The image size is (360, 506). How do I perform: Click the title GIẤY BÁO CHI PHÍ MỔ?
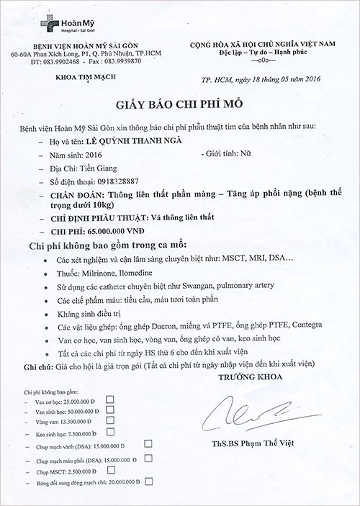[181, 103]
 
